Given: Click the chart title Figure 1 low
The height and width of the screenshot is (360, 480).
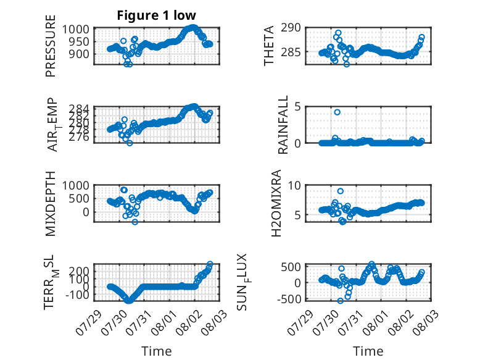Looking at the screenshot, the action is tap(157, 15).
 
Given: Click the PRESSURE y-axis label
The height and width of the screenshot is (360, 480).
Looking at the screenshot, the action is tap(51, 46).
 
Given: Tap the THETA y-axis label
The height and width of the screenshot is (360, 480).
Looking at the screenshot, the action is tap(268, 46).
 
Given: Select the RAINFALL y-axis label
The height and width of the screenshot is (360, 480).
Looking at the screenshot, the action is tap(283, 125).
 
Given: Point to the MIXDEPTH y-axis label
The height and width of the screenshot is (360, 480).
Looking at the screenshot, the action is tap(51, 204).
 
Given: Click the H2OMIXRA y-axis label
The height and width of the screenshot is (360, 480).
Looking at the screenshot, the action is tap(276, 203).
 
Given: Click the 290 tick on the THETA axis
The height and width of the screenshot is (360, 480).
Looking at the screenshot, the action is tap(291, 28).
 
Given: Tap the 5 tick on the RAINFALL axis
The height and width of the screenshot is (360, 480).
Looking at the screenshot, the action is tap(297, 107).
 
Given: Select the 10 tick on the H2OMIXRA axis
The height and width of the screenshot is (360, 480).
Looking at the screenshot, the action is tap(294, 185).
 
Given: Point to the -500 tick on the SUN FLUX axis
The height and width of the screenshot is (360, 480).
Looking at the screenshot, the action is tap(289, 299).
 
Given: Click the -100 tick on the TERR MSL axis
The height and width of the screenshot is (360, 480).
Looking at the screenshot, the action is tap(77, 295).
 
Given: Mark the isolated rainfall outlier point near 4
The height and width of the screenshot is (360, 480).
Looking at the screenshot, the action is tap(337, 112).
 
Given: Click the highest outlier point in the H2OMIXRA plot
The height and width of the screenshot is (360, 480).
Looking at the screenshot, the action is tap(340, 191).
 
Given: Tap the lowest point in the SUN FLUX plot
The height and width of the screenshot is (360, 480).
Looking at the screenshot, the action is tap(340, 301).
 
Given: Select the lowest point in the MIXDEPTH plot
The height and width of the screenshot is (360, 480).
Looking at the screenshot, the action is tap(135, 222).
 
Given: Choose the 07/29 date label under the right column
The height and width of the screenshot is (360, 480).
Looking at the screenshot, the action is tap(300, 322).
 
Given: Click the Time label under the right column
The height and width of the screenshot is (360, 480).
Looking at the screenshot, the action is tap(368, 351).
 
